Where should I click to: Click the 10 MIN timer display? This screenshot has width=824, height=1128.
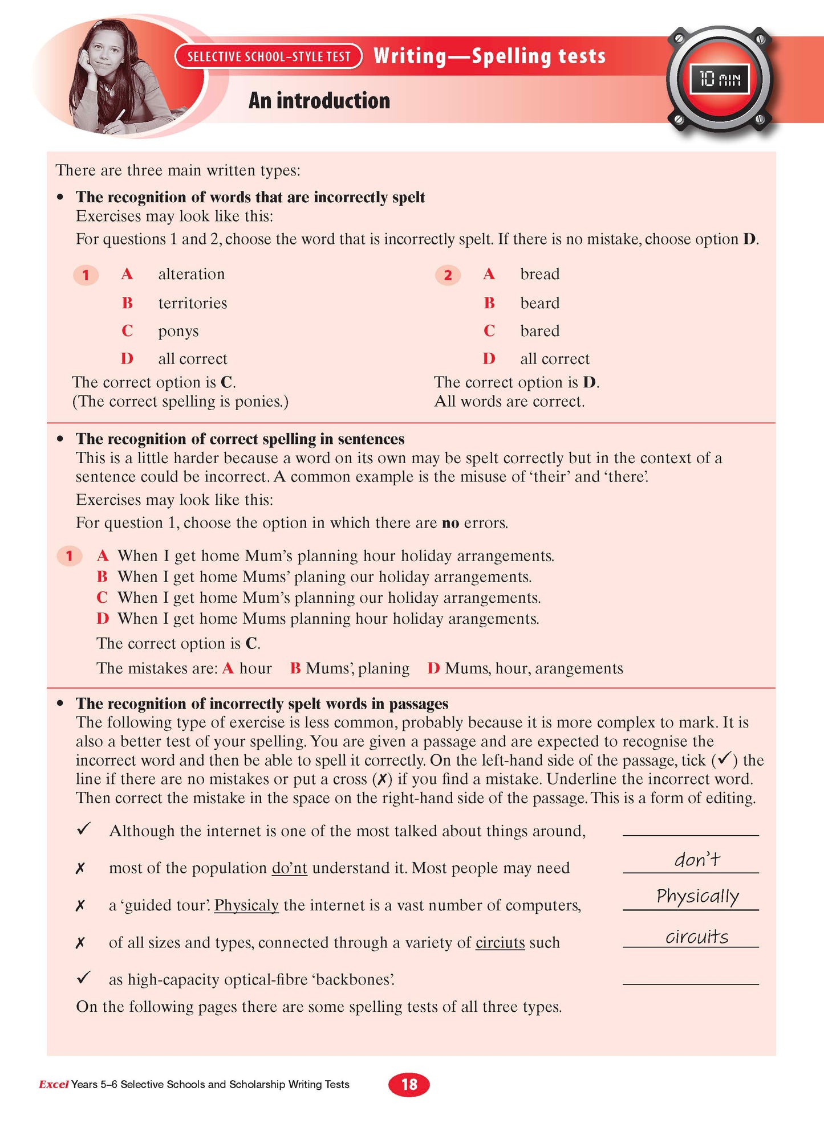pos(720,79)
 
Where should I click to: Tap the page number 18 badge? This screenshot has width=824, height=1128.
pos(409,1084)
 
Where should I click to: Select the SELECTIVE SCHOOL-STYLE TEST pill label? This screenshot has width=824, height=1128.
pos(269,56)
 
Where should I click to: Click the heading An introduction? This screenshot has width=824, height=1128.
pos(319,101)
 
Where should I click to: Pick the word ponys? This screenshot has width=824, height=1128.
pos(178,331)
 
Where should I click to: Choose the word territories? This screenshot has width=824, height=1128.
pos(193,303)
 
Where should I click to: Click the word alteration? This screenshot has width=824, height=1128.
pos(192,274)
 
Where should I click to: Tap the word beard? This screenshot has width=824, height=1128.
pos(539,303)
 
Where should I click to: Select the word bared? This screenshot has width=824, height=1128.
pos(539,331)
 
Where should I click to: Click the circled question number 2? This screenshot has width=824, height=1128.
pos(448,276)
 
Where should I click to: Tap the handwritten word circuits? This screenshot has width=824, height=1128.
pos(697,937)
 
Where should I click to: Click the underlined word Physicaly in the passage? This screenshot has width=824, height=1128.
pos(246,905)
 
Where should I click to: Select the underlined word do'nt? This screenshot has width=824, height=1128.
pos(289,868)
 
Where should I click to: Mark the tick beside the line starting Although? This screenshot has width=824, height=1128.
pos(84,829)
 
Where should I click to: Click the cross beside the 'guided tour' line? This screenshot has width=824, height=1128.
pos(80,905)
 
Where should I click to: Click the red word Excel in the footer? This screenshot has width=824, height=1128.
pos(54,1084)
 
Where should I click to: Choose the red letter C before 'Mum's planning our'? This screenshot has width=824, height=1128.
pos(102,598)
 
